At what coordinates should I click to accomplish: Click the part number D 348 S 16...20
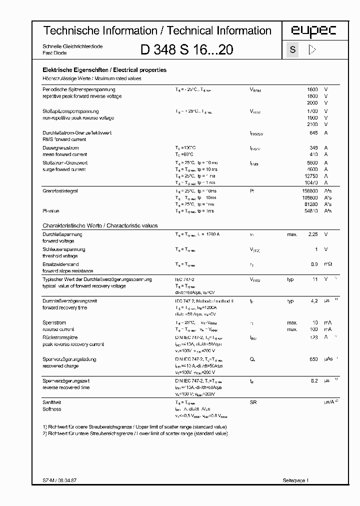pos(186,50)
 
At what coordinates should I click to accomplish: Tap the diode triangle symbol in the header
pos(313,49)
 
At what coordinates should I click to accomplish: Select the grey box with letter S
pos(292,50)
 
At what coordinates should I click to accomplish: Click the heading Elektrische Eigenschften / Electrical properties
pos(104,70)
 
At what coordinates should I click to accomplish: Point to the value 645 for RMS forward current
pos(313,133)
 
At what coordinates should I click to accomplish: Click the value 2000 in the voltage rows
pos(312,102)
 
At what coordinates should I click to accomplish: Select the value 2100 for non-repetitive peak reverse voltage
pos(312,124)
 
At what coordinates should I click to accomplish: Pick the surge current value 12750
pos(310,176)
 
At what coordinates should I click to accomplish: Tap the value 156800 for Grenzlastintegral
pos(309,191)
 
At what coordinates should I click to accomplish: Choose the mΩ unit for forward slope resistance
pos(327,264)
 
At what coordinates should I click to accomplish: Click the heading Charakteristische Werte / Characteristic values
pos(100,226)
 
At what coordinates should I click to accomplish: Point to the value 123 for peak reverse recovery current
pos(313,338)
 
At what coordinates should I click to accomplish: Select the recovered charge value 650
pos(313,359)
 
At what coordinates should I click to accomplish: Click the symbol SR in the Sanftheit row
pos(253,402)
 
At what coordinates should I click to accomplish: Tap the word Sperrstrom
pos(54,323)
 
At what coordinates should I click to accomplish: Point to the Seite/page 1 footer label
pos(296,480)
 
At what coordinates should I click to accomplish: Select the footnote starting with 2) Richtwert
pos(135,433)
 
